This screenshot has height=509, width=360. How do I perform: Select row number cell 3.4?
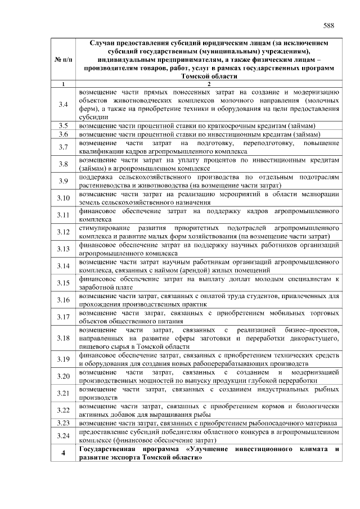pyautogui.click(x=63, y=105)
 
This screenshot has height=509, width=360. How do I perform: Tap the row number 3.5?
pyautogui.click(x=63, y=125)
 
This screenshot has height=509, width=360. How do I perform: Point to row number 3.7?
pyautogui.click(x=63, y=147)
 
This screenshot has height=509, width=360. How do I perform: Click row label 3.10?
pyautogui.click(x=63, y=198)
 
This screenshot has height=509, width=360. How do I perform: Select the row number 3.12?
pyautogui.click(x=63, y=232)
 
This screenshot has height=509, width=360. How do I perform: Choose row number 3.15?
pyautogui.click(x=63, y=283)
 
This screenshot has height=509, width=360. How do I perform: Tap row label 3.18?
pyautogui.click(x=63, y=337)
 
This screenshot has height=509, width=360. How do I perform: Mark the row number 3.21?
pyautogui.click(x=63, y=393)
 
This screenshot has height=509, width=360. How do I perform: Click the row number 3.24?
pyautogui.click(x=63, y=436)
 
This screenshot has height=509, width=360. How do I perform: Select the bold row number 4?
pyautogui.click(x=63, y=453)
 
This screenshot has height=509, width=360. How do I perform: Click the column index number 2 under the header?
pyautogui.click(x=209, y=84)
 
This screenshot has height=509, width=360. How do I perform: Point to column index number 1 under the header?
pyautogui.click(x=63, y=84)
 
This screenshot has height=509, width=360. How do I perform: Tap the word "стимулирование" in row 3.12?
pyautogui.click(x=103, y=228)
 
